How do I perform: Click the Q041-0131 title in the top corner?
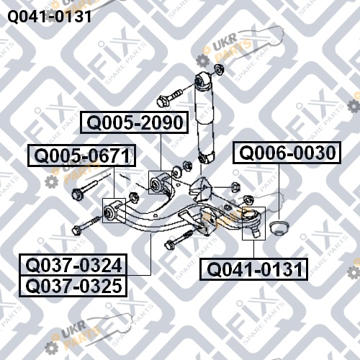click(x=50, y=17)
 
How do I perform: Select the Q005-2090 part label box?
click(x=134, y=122)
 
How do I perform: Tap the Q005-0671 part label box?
click(x=81, y=156)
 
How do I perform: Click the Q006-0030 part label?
click(x=287, y=153)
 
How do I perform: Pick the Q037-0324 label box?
click(x=73, y=265)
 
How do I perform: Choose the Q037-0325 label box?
click(x=73, y=286)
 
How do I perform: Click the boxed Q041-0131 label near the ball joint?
click(x=253, y=269)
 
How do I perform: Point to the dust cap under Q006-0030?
click(x=279, y=228)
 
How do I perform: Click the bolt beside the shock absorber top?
click(x=169, y=98)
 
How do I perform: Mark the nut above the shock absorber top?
click(x=219, y=69)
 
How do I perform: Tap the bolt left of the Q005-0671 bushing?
click(x=86, y=225)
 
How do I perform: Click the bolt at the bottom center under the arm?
click(x=179, y=240)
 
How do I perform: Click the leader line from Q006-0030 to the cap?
click(x=279, y=192)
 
